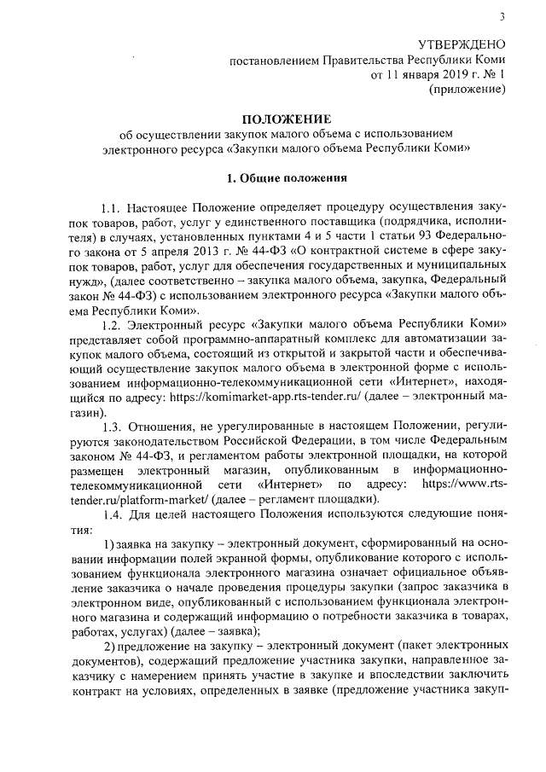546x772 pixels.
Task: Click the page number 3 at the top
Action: tap(502, 16)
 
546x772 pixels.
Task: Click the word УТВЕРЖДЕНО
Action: tap(462, 44)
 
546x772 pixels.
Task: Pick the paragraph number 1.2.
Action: tap(111, 325)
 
